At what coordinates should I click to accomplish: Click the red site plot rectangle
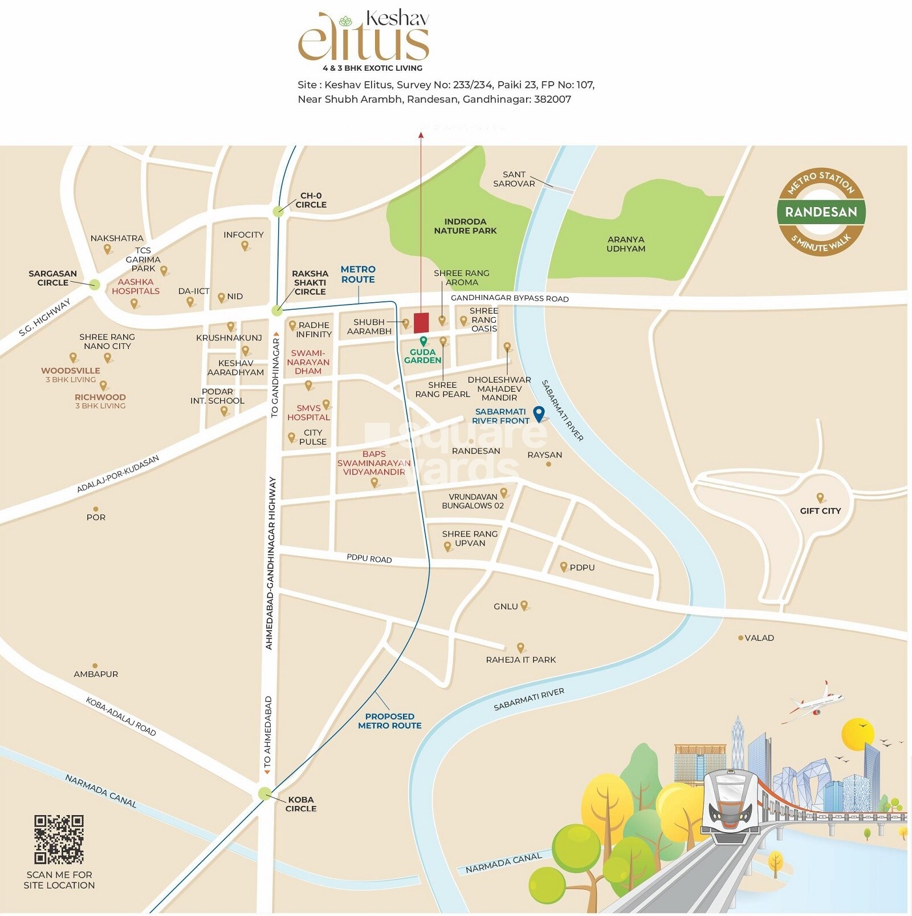421,323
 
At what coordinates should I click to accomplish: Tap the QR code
59,839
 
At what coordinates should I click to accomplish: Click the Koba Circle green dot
264,793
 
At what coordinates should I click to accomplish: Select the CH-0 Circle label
311,200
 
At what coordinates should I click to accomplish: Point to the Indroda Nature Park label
465,226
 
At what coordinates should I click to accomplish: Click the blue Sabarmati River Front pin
539,414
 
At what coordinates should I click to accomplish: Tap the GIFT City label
820,511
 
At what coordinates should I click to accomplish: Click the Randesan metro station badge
821,212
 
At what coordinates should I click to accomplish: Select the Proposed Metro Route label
390,721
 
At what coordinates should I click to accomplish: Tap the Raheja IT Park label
520,660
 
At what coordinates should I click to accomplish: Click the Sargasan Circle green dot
95,285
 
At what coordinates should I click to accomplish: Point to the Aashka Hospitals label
136,286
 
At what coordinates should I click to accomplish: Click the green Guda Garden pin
424,341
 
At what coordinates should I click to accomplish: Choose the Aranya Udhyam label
626,244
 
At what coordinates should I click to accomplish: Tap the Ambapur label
96,674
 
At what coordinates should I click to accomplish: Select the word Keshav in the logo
397,19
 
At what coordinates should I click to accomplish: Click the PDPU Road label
369,558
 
